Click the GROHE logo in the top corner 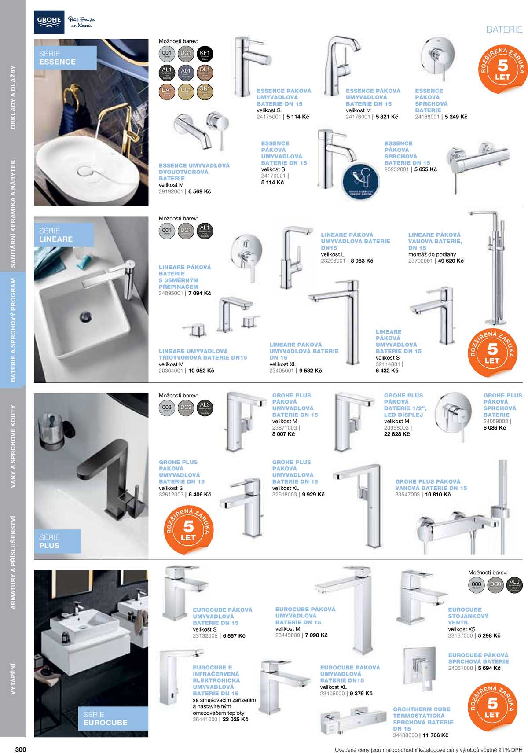pos(49,22)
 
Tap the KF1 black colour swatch pos(205,54)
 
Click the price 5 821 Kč pos(387,117)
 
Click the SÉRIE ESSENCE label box pos(65,58)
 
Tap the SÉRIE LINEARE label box pos(64,235)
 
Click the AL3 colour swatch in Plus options pos(205,407)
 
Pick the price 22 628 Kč pos(397,434)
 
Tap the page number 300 pos(21,749)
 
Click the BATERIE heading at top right pos(504,29)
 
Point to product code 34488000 pos(405,735)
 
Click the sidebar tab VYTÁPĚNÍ pos(13,679)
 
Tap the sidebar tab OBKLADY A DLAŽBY pos(13,97)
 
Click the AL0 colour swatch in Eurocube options pos(514,584)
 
